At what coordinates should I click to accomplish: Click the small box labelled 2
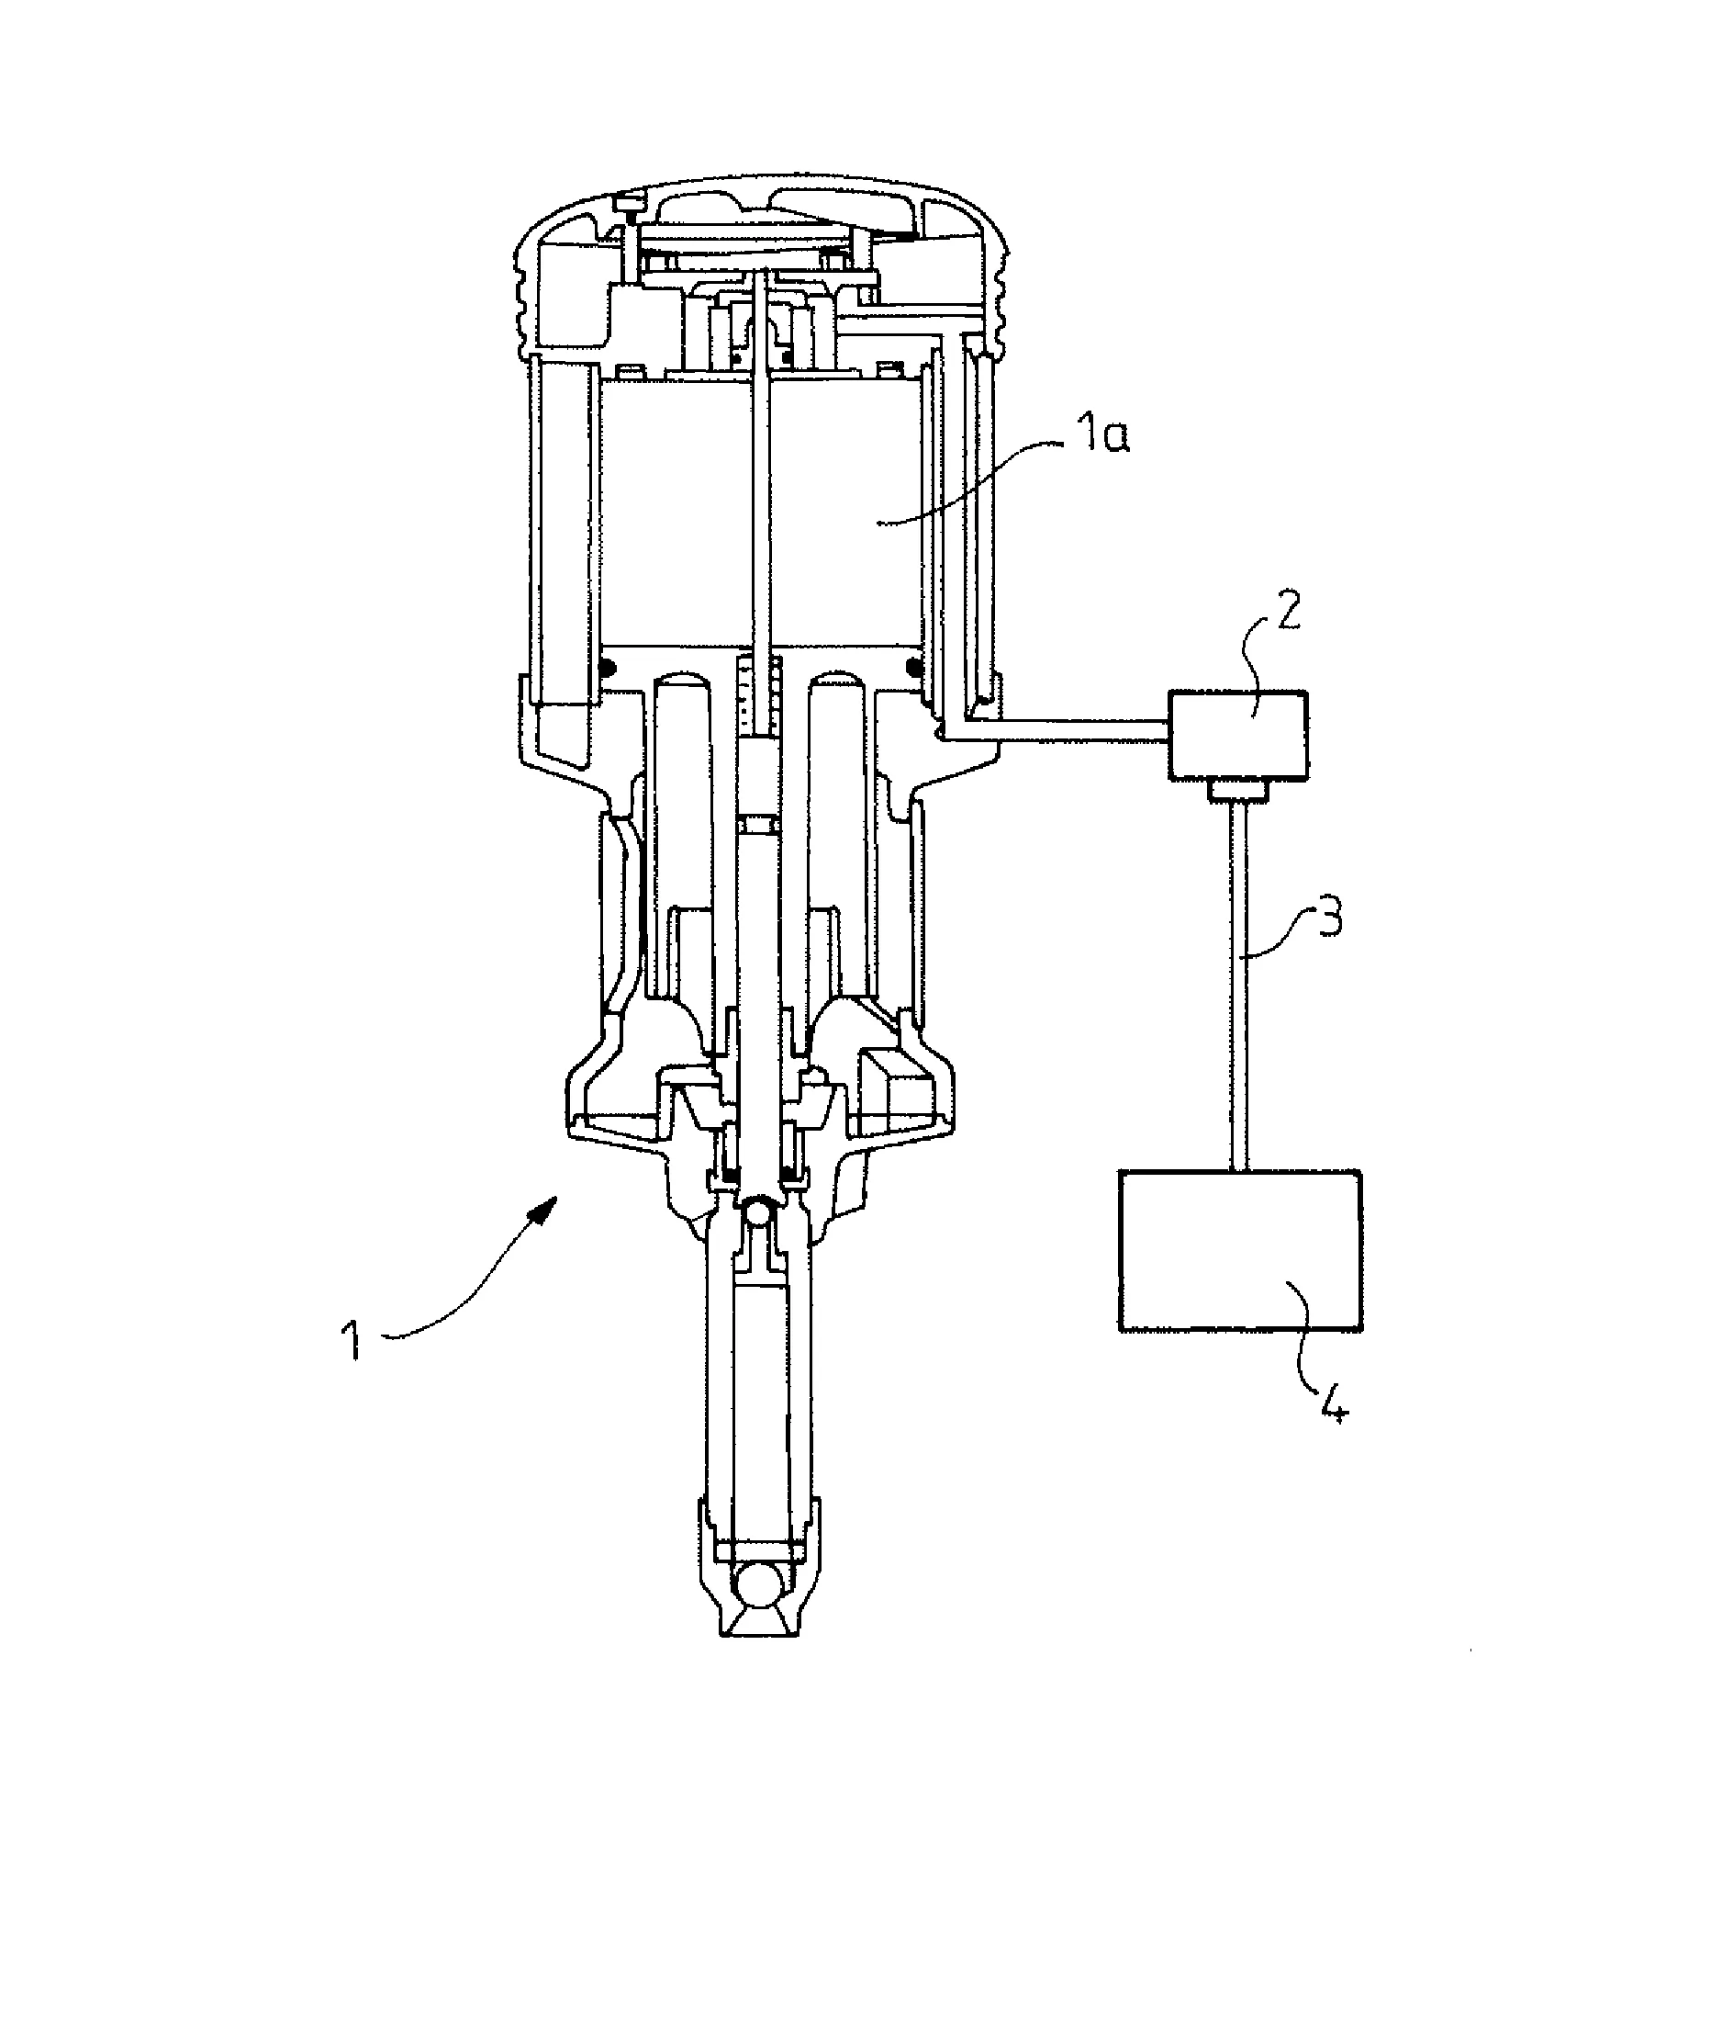(x=1237, y=734)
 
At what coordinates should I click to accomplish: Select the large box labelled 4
(x=1240, y=1251)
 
